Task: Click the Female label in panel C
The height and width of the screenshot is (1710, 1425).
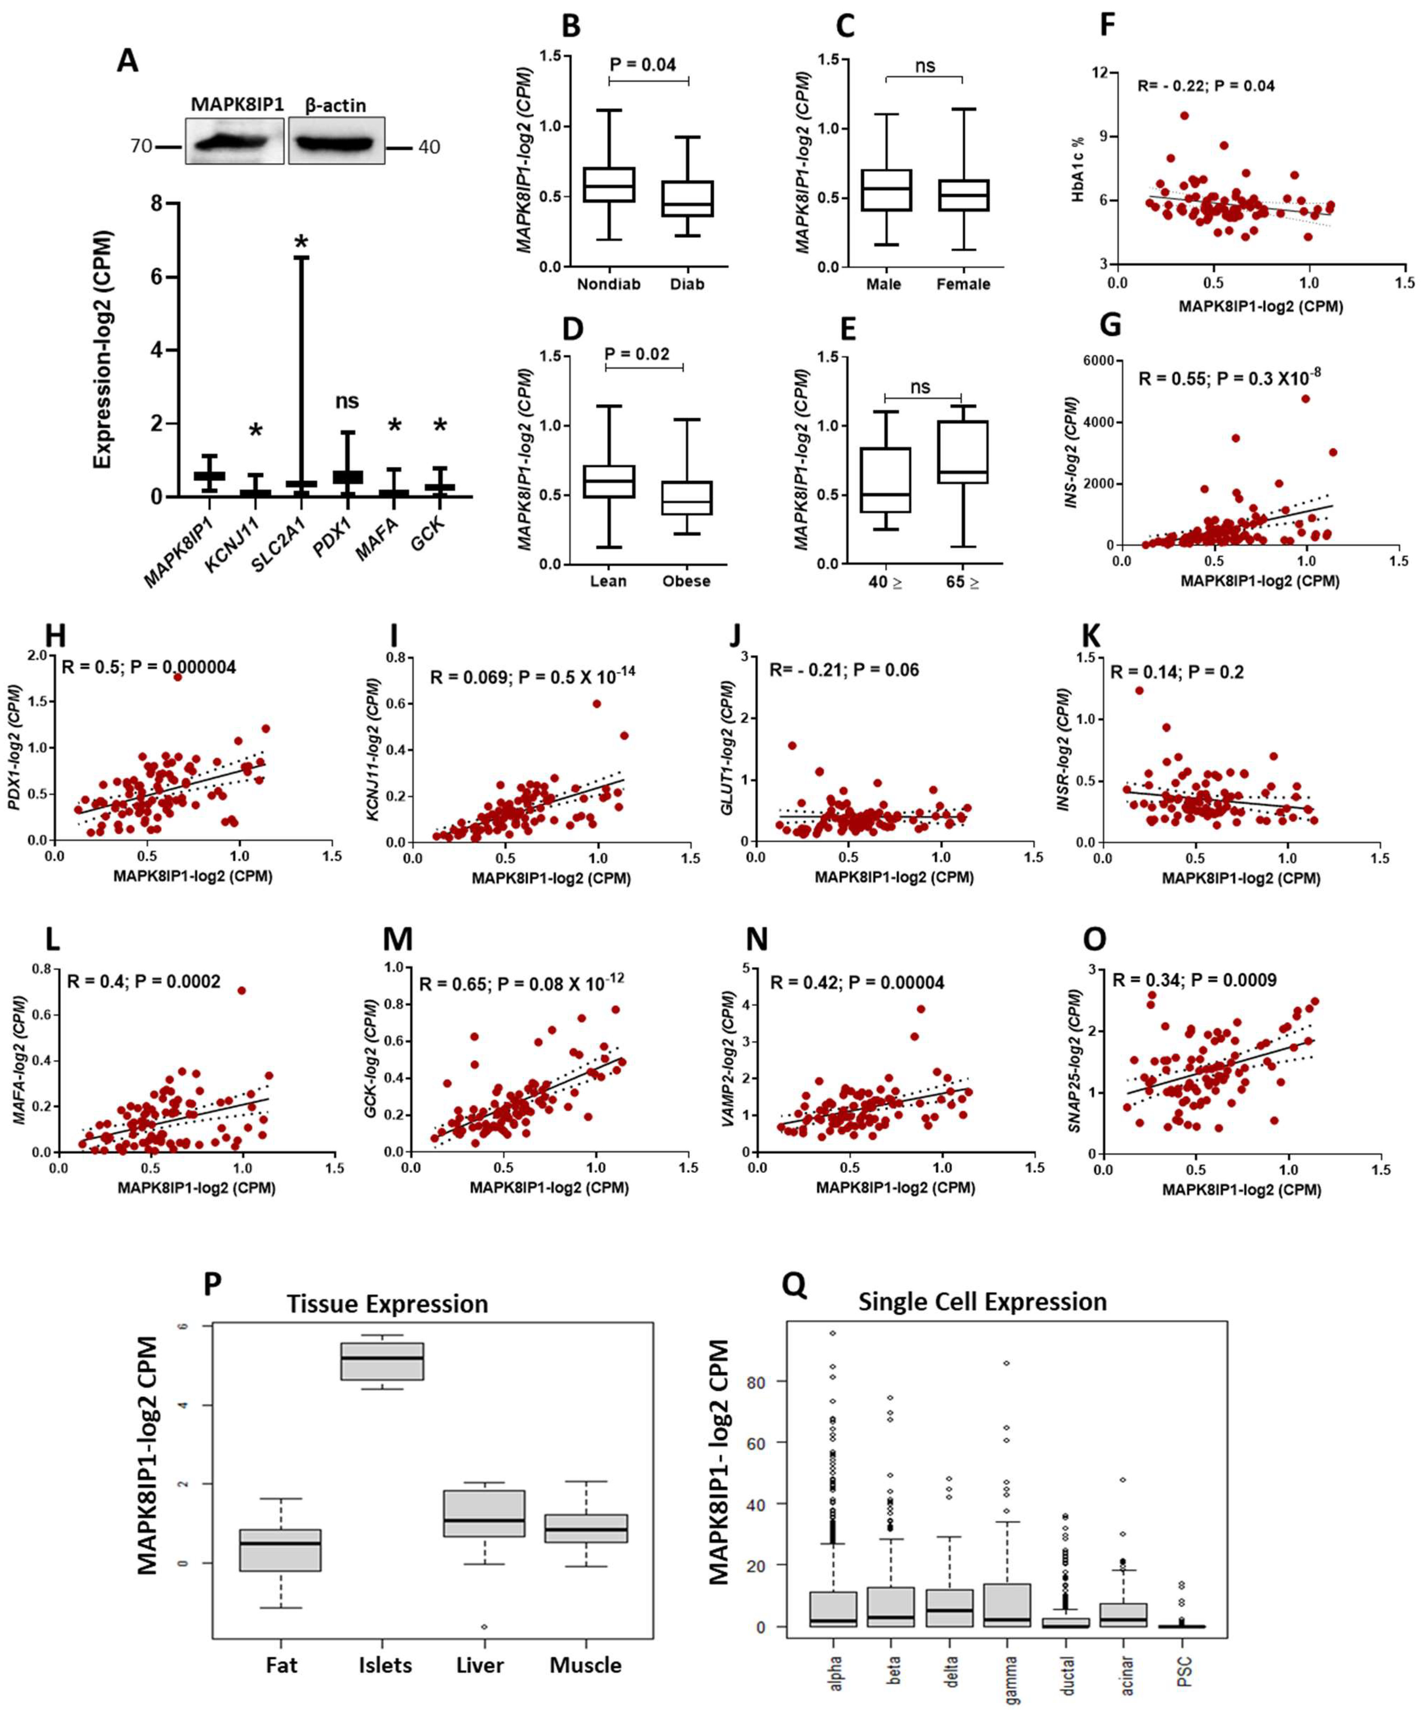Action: (963, 284)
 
